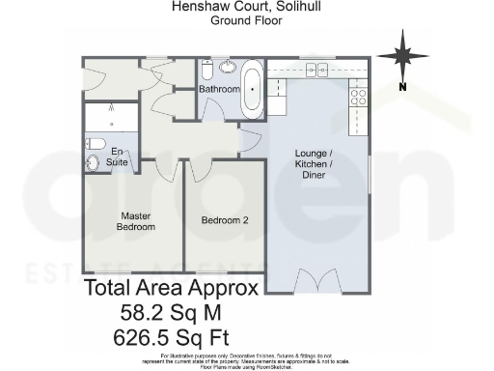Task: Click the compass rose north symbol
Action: [403, 54]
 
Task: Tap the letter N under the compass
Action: [402, 88]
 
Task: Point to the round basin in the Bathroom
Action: [229, 68]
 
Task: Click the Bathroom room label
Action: [219, 90]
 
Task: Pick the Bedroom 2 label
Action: [225, 220]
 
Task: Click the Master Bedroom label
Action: [136, 221]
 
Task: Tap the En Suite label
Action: [117, 157]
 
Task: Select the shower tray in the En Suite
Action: [111, 118]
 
